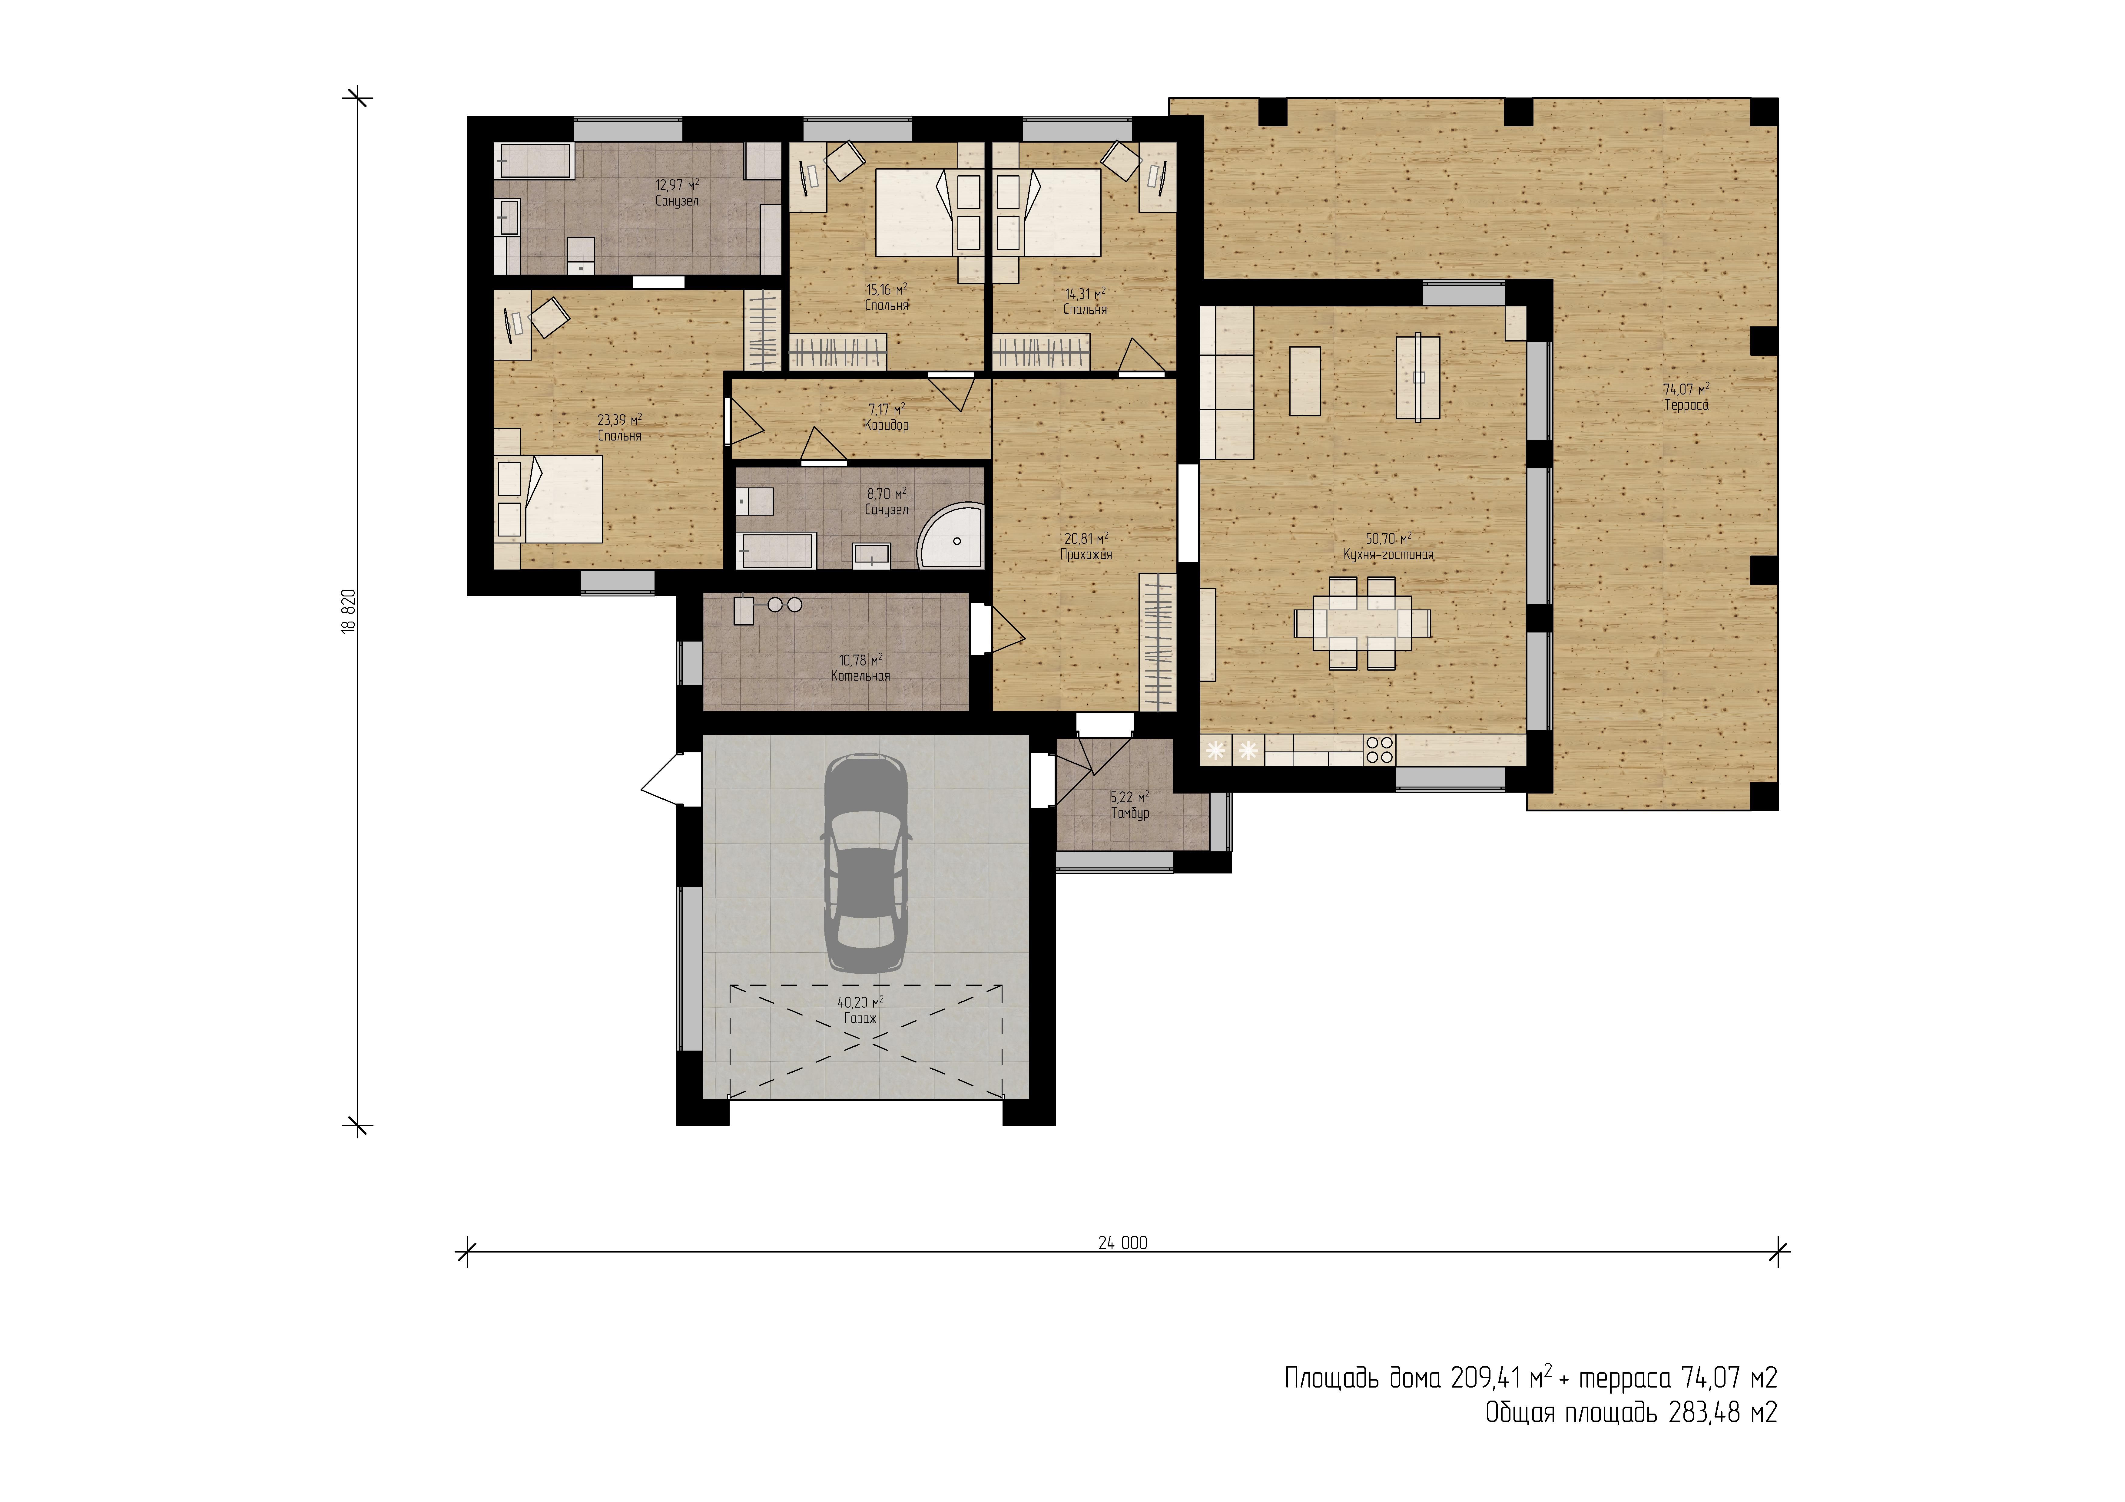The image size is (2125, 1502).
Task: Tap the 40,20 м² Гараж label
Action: (861, 1010)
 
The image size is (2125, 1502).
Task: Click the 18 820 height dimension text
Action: (349, 611)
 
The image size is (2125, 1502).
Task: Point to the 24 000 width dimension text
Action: (1123, 1243)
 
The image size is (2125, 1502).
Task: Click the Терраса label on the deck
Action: (1686, 405)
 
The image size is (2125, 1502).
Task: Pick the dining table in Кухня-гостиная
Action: (1362, 622)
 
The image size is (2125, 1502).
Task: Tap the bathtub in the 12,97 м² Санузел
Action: (534, 160)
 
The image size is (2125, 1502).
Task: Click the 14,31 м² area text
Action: (1085, 294)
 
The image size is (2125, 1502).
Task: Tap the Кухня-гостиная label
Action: (1388, 555)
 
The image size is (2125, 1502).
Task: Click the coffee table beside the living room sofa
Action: (1305, 380)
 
